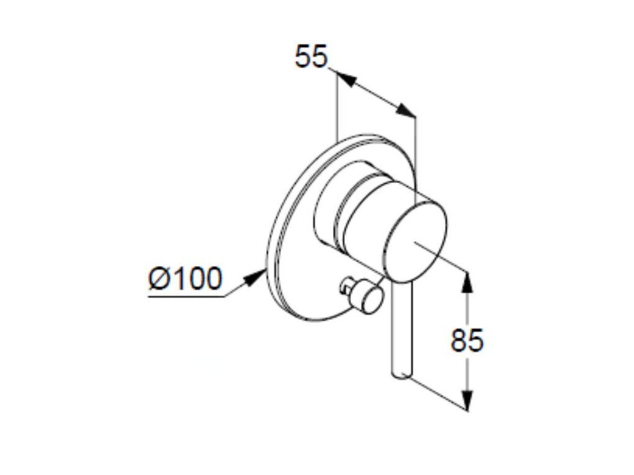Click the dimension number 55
(x=311, y=56)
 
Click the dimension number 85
(x=467, y=340)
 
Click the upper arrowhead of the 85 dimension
(x=467, y=281)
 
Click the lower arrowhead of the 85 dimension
(x=467, y=400)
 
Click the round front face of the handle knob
(x=415, y=242)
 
